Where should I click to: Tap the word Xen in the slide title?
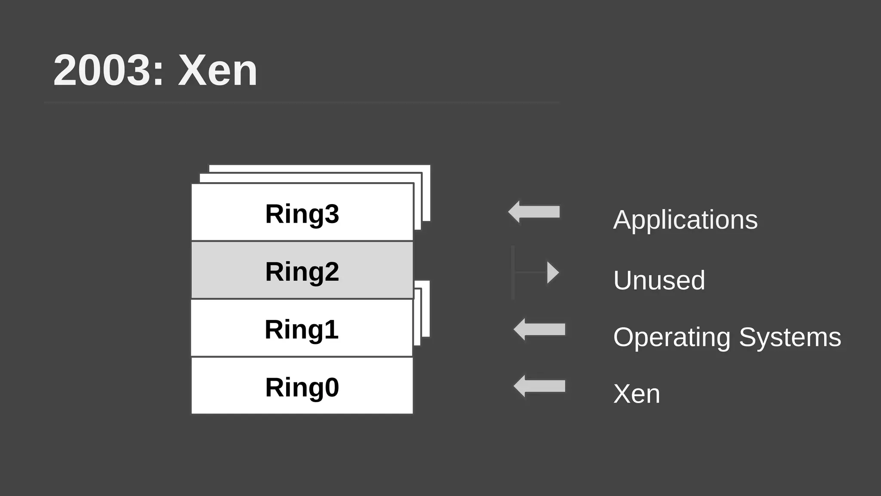click(218, 71)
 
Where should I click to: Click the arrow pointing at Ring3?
click(534, 212)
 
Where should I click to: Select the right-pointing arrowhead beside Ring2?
click(552, 273)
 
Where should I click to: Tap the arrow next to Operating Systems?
click(539, 329)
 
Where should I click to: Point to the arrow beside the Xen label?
click(539, 386)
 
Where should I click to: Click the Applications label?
click(685, 220)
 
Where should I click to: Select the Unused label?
click(659, 280)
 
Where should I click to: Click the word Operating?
click(672, 337)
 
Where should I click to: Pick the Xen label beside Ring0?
click(636, 394)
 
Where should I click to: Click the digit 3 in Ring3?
click(332, 214)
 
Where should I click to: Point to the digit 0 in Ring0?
click(332, 387)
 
